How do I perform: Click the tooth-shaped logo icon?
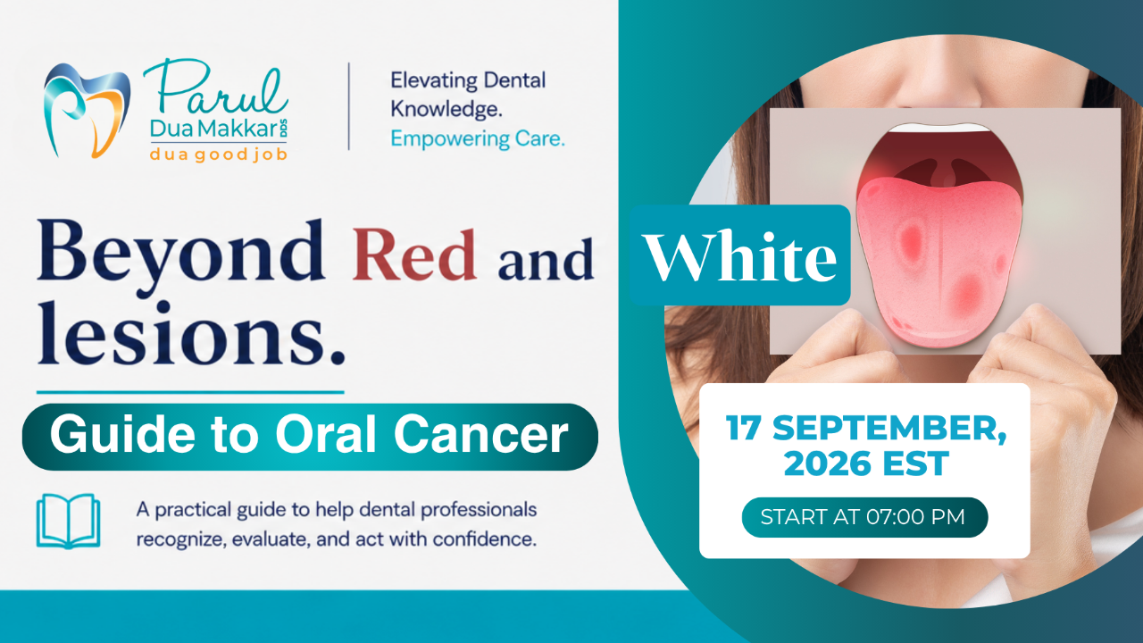click(87, 110)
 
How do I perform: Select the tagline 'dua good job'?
click(219, 154)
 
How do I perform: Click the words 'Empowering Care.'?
click(478, 138)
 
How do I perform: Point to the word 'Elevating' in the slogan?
click(434, 80)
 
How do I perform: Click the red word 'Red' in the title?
click(413, 255)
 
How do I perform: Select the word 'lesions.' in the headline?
click(191, 333)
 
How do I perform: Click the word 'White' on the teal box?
click(739, 255)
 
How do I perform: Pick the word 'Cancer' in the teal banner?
click(480, 435)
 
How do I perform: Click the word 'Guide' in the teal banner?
click(122, 435)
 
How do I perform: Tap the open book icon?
click(69, 521)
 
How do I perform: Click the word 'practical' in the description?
click(192, 510)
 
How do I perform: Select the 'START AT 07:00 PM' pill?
click(865, 517)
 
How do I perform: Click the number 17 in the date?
click(744, 428)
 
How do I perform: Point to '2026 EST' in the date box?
click(866, 463)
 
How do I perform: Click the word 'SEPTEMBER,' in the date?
click(889, 428)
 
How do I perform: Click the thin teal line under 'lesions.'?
click(190, 392)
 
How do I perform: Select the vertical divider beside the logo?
click(349, 106)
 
